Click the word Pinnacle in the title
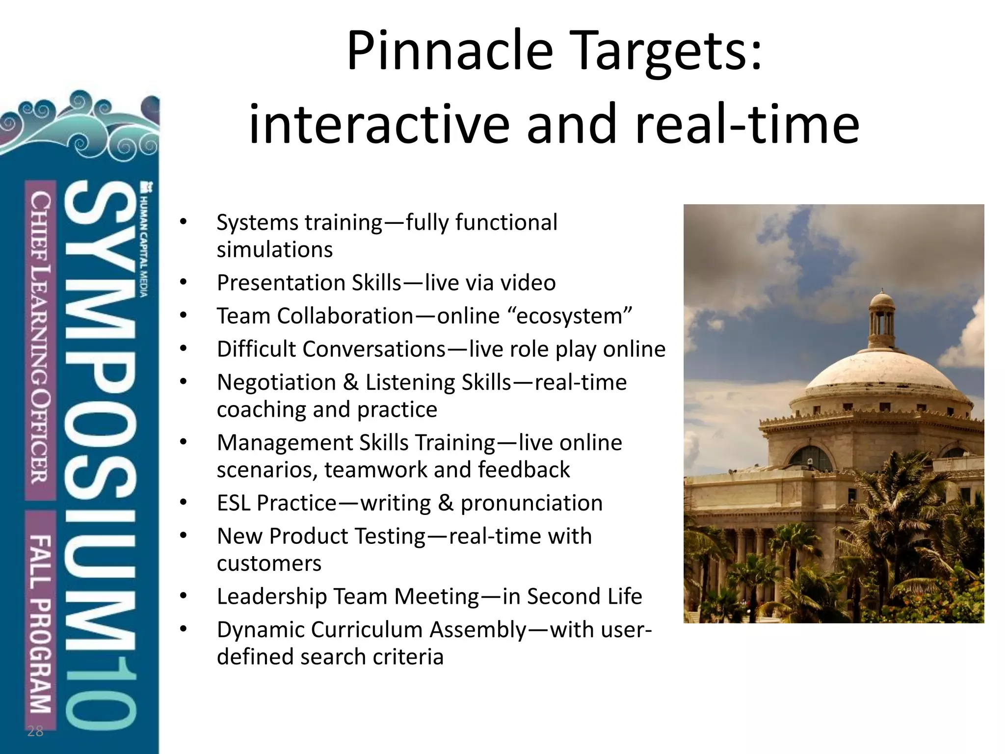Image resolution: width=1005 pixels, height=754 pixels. pos(450,52)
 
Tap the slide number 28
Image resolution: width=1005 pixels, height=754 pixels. pos(35,731)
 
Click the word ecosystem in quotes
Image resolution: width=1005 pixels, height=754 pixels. pos(573,316)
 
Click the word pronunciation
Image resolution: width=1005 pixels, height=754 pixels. pos(531,503)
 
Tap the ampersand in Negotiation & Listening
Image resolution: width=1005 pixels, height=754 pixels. pos(351,382)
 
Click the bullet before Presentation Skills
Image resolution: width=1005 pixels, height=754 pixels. pos(184,283)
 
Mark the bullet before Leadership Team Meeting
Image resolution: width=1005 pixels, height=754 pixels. pos(184,596)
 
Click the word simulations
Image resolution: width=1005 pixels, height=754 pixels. pos(275,250)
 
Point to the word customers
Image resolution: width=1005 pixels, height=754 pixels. pos(269,564)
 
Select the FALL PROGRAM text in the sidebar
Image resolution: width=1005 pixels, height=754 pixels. pos(40,623)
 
